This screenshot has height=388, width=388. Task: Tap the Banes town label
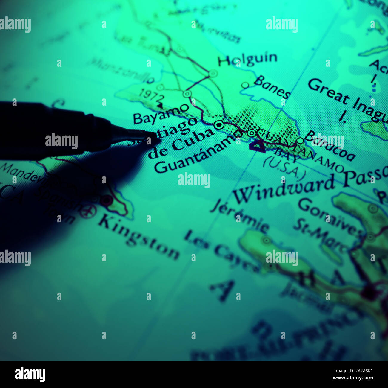[272, 87]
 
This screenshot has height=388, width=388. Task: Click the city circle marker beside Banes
[245, 85]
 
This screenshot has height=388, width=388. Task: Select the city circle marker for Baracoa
[300, 141]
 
